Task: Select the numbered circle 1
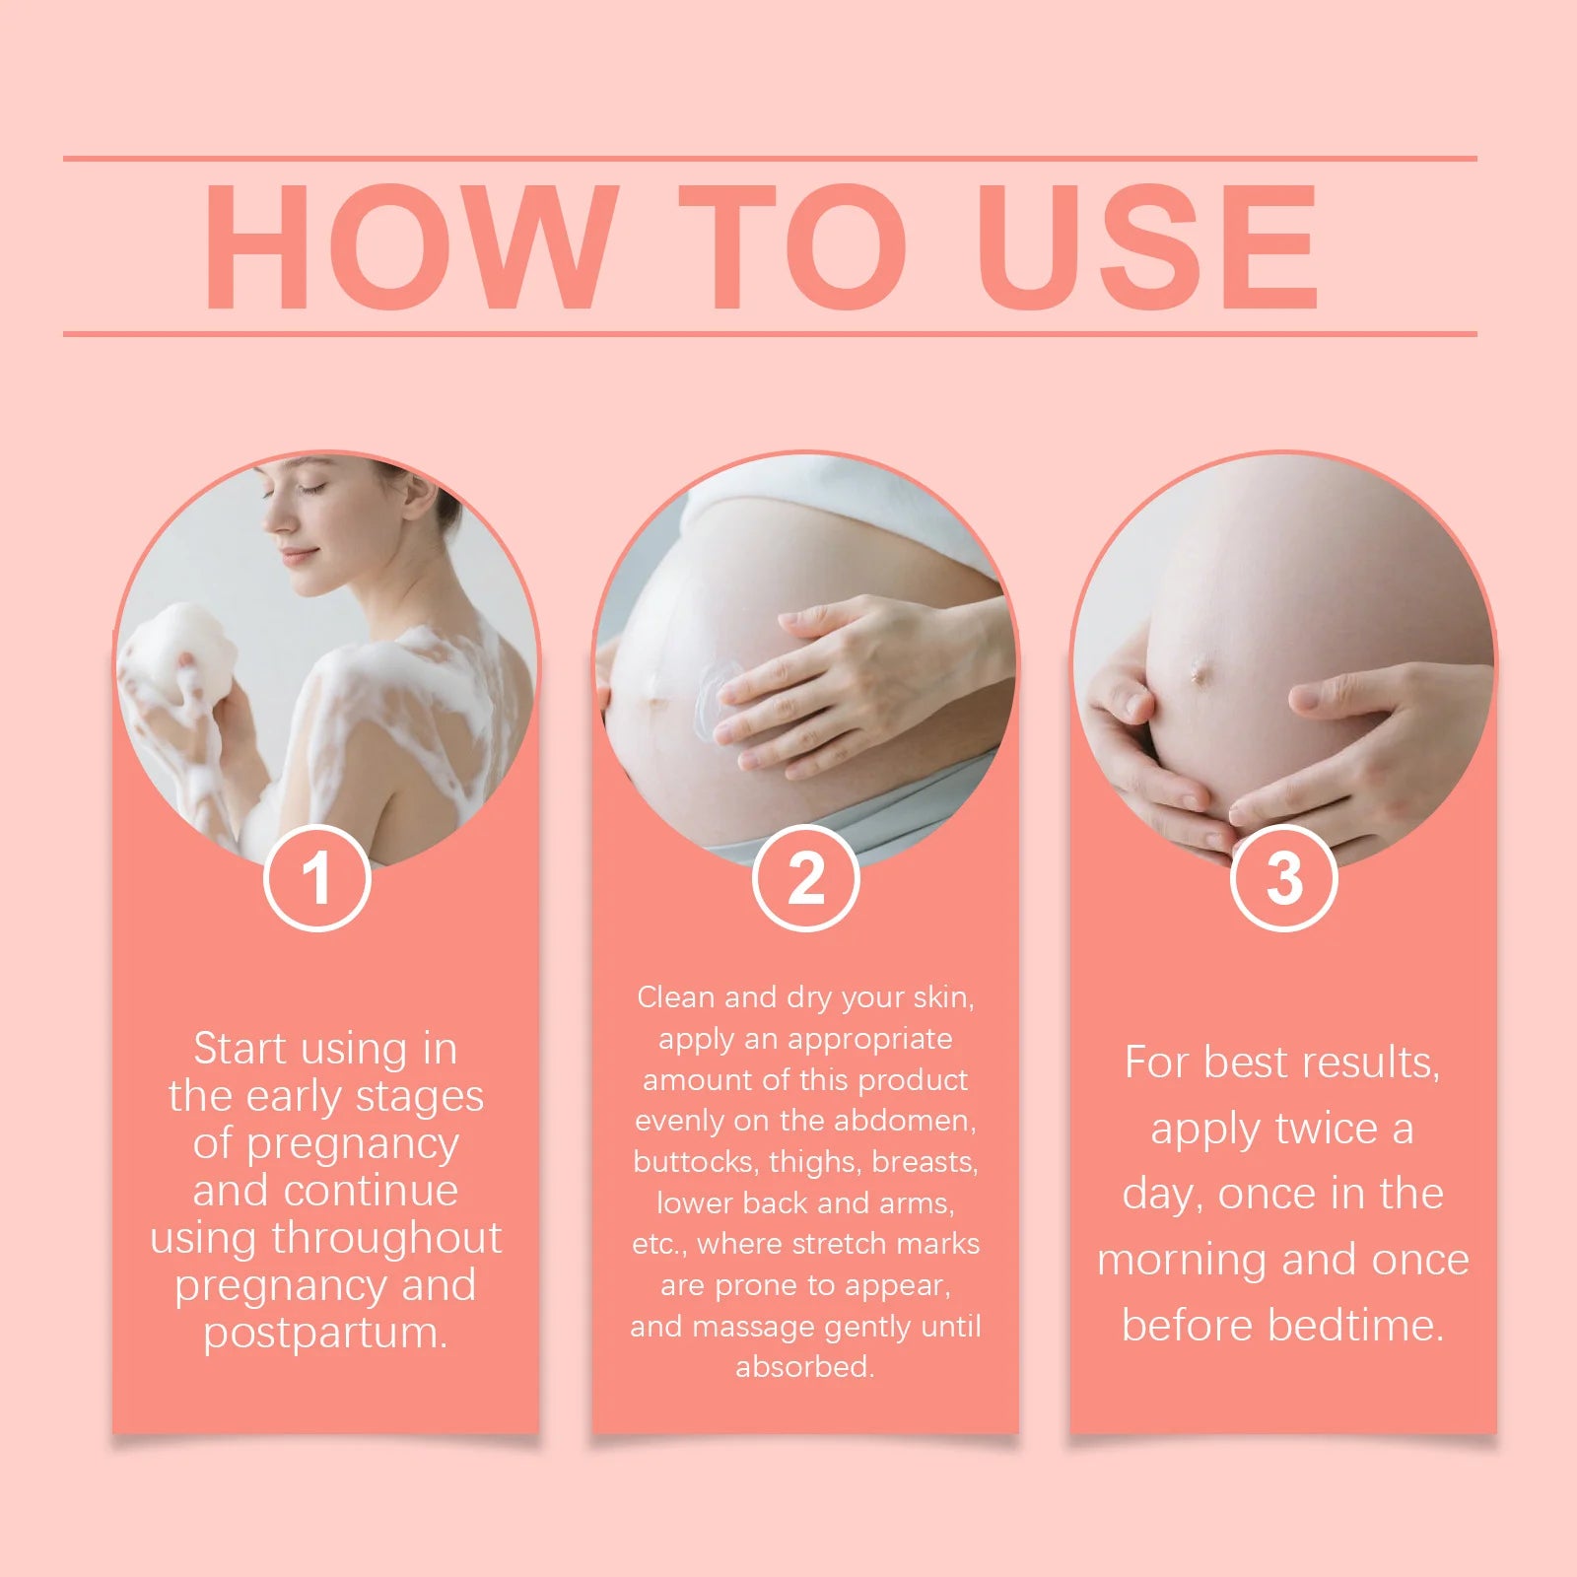pyautogui.click(x=316, y=877)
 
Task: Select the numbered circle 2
pyautogui.click(x=805, y=877)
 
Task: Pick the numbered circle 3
pyautogui.click(x=1283, y=877)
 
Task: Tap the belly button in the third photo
pyautogui.click(x=1200, y=674)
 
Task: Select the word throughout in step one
pyautogui.click(x=386, y=1238)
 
